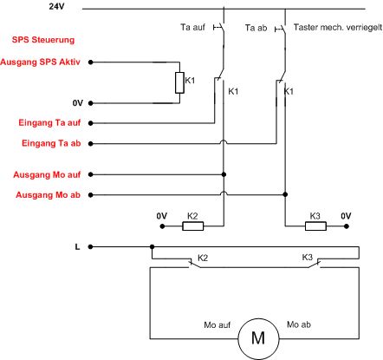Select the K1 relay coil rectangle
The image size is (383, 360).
click(x=179, y=82)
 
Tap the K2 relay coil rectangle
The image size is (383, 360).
click(x=192, y=226)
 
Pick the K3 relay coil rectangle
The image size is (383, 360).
click(x=315, y=226)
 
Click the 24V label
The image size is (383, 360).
click(x=57, y=6)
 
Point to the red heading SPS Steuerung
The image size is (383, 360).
click(x=43, y=40)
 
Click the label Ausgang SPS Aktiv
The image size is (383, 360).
click(x=40, y=62)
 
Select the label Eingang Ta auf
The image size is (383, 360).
click(x=49, y=122)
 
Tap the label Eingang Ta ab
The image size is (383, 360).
click(x=51, y=143)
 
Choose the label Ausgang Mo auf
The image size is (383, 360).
click(x=47, y=174)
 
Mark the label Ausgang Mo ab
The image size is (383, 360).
click(x=48, y=195)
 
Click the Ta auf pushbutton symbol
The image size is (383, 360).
click(x=219, y=28)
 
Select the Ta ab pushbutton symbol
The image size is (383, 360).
click(x=281, y=29)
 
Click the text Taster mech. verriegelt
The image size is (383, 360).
click(x=338, y=27)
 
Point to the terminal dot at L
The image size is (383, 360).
click(x=90, y=247)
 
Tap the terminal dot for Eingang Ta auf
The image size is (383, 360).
click(x=91, y=123)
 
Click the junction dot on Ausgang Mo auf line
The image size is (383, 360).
click(x=224, y=174)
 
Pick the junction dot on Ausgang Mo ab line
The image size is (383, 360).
click(x=285, y=194)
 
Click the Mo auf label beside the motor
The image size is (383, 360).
click(x=217, y=325)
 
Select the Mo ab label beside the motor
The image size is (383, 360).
click(x=299, y=324)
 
